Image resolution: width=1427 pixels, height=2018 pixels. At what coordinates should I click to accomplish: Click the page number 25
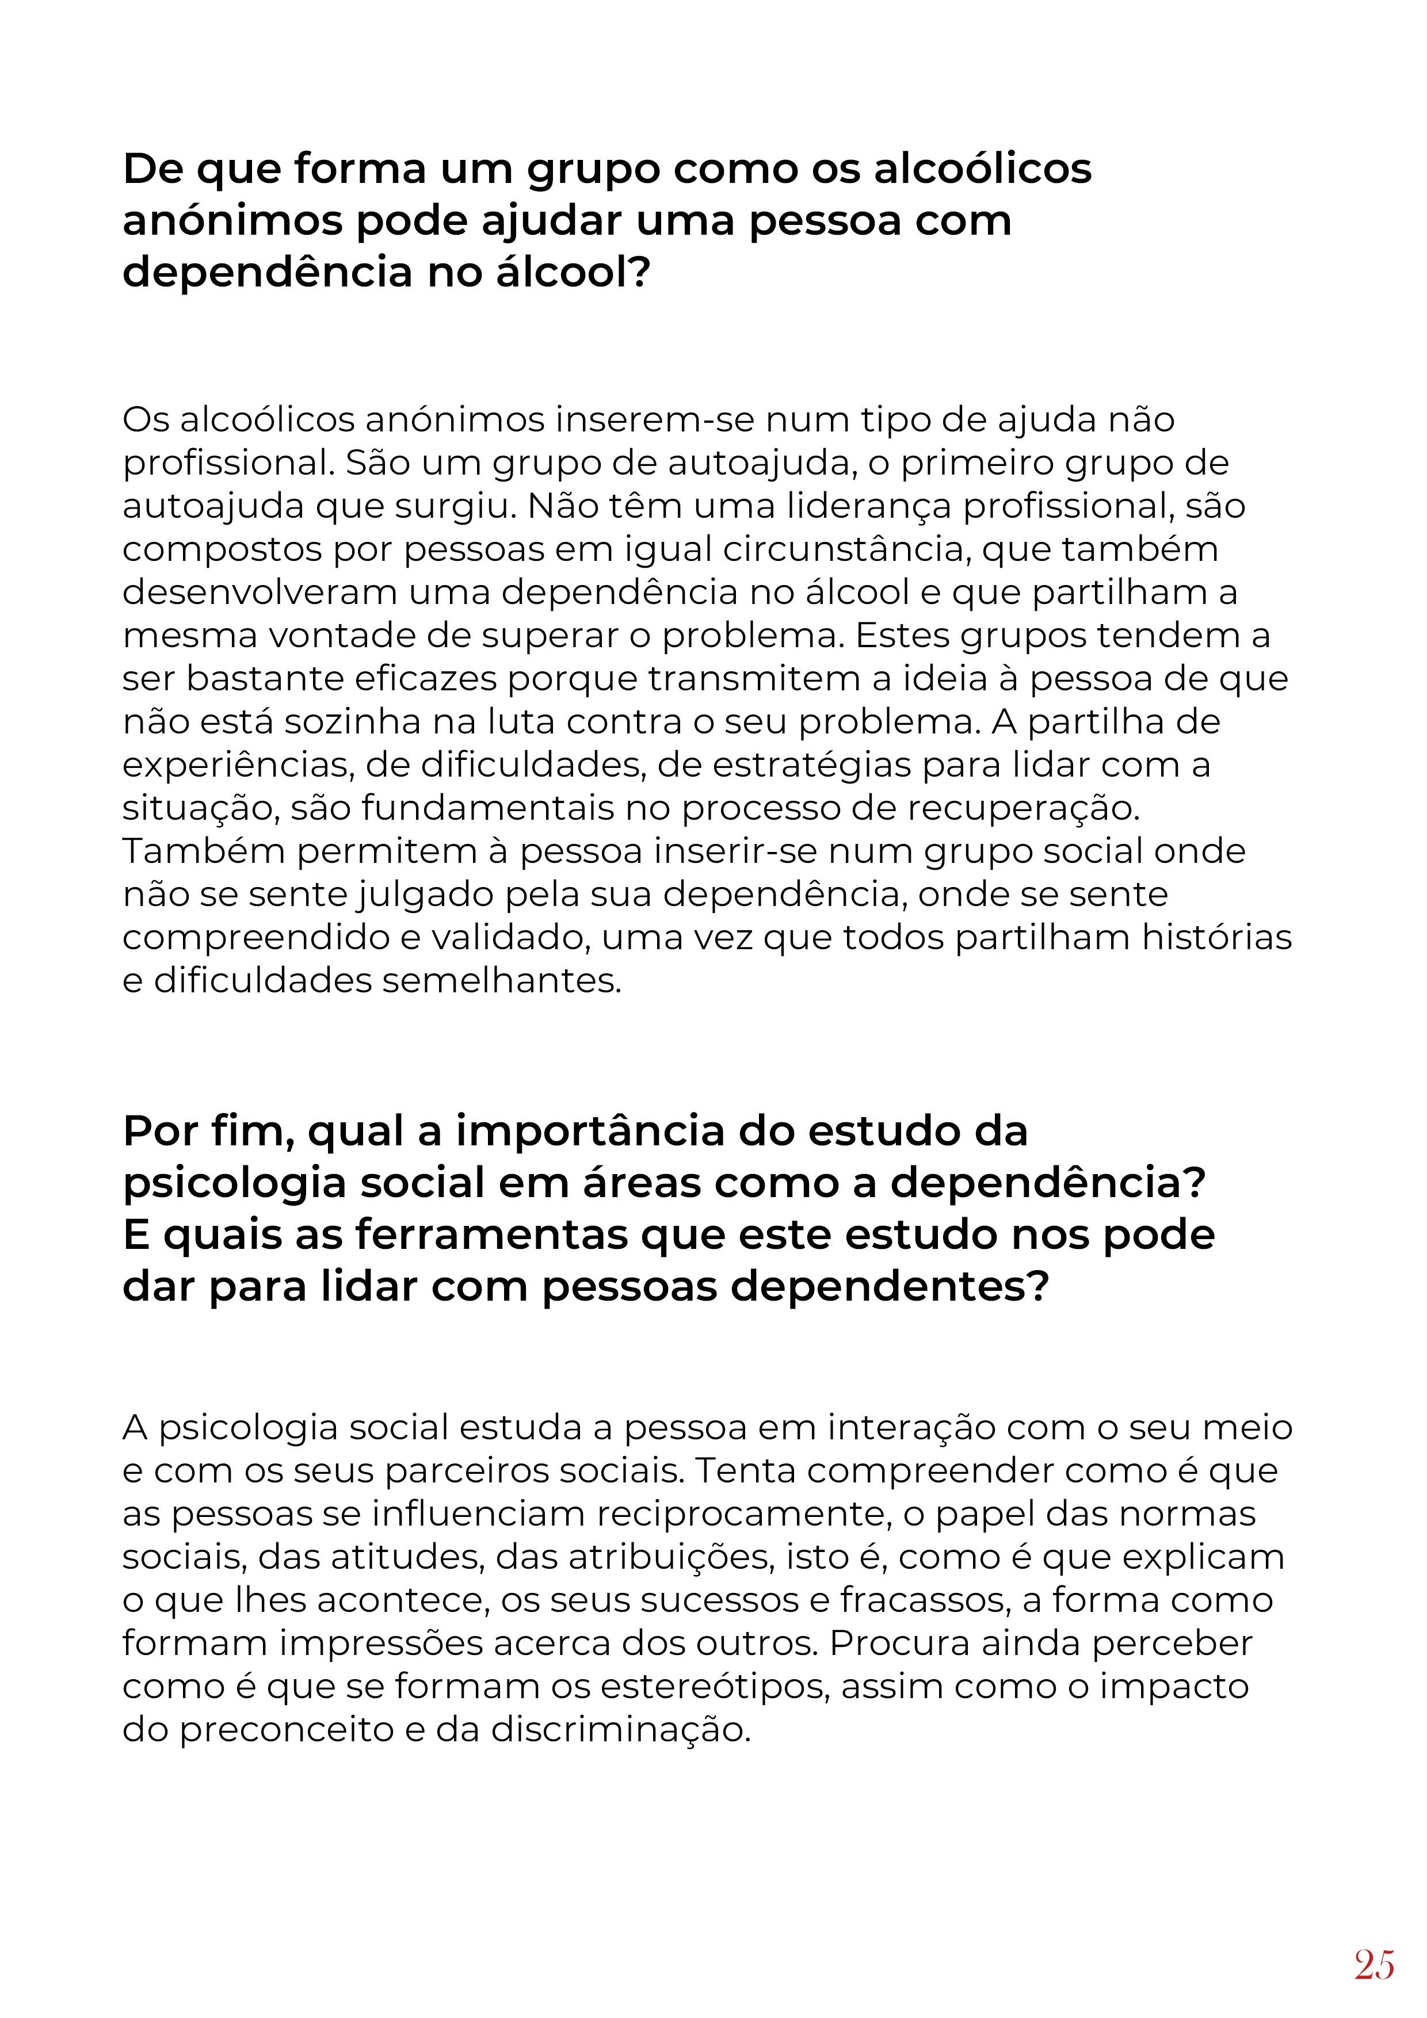click(1374, 1963)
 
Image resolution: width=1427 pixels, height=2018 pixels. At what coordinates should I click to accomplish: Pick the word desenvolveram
click(260, 593)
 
